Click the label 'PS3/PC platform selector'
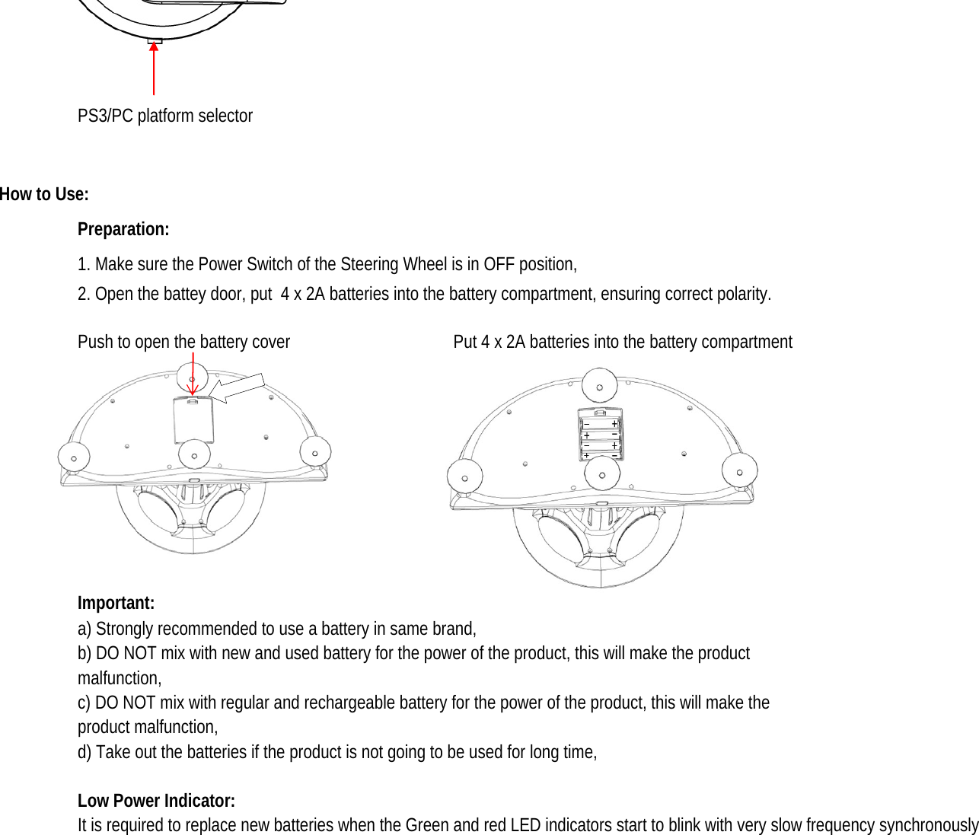tap(164, 116)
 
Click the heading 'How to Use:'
tap(44, 194)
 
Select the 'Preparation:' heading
tap(123, 229)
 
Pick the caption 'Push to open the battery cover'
tap(183, 342)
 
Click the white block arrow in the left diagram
tap(237, 388)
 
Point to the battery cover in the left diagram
tap(193, 419)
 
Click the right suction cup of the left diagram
tap(315, 452)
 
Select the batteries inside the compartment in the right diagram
tap(601, 439)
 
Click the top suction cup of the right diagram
tap(600, 386)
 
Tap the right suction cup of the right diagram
tap(739, 470)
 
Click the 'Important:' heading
tap(116, 603)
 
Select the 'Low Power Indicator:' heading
tap(156, 801)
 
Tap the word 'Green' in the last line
tap(426, 825)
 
